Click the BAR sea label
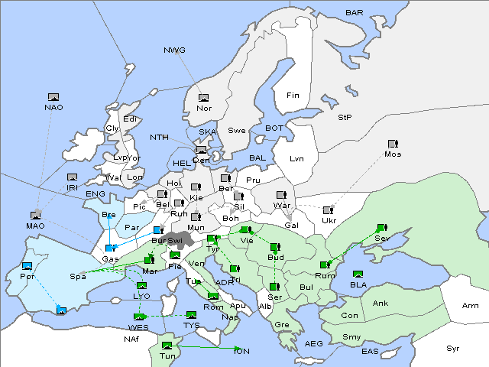point(354,13)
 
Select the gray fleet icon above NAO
point(53,97)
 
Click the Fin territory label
point(292,96)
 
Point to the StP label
point(345,118)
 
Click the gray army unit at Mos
point(393,144)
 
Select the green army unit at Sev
point(381,228)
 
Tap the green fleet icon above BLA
point(358,274)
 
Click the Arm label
point(471,306)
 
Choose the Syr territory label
point(454,348)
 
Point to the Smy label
point(352,336)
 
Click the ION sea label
point(241,351)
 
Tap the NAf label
point(132,339)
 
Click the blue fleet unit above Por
point(28,265)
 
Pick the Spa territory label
point(77,276)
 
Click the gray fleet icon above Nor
point(203,97)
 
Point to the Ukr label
point(329,221)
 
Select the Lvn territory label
point(296,159)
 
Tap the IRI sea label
point(73,187)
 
